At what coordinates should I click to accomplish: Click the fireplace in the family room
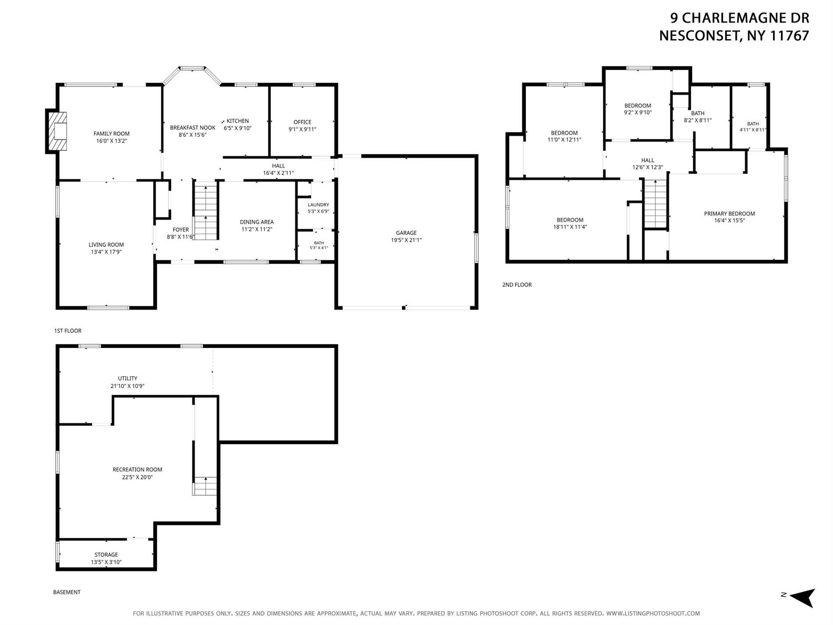pos(57,132)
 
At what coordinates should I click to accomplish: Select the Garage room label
pos(406,233)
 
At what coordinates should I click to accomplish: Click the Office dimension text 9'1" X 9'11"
pos(303,129)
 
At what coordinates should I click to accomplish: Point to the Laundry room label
pos(318,205)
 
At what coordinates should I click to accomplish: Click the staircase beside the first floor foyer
pos(206,212)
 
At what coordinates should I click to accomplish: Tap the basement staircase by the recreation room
pos(205,486)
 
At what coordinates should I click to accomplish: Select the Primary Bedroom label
pos(730,214)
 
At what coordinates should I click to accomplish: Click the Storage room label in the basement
pos(106,555)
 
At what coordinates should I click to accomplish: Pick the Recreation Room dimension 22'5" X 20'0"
pos(137,477)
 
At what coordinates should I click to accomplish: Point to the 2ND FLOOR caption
pos(517,285)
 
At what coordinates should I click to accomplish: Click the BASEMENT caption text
pos(67,592)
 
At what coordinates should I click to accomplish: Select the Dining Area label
pos(257,222)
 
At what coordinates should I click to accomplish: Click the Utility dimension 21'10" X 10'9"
pos(128,386)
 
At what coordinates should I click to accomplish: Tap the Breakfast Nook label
pos(192,128)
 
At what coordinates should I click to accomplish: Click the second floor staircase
pos(655,204)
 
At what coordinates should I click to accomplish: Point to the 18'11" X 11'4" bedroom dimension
pos(570,227)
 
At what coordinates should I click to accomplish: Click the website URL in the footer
pos(653,614)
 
